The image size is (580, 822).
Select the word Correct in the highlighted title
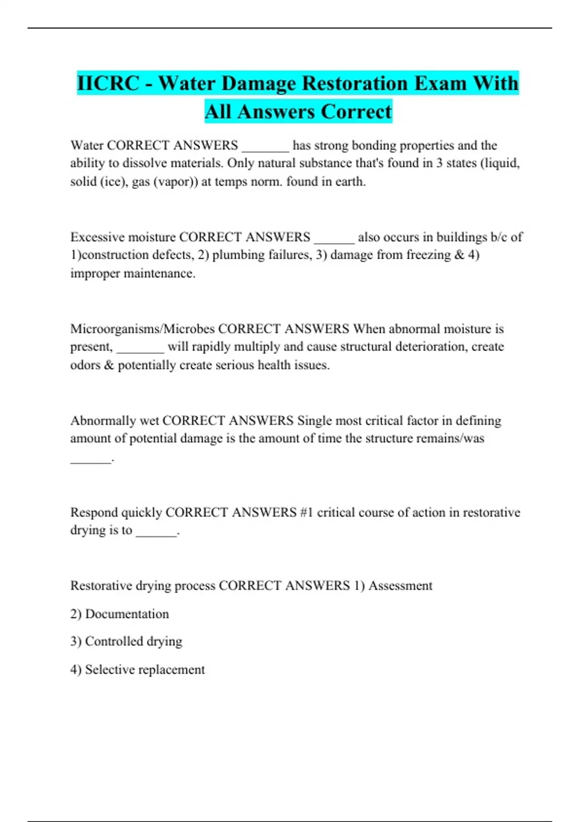(x=356, y=111)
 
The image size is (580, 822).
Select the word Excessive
(x=97, y=237)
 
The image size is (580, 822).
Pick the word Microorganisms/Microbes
(x=143, y=329)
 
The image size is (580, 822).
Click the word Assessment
(x=400, y=586)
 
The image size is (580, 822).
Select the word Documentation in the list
(x=127, y=614)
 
